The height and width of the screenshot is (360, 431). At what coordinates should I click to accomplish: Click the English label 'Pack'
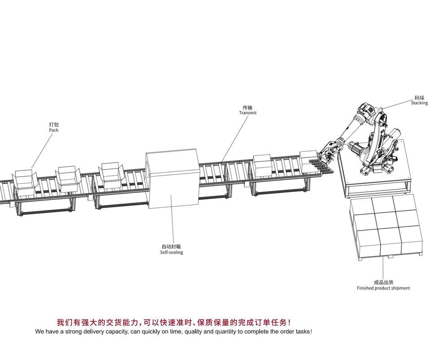click(x=53, y=130)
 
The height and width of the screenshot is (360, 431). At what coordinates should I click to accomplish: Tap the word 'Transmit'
click(x=248, y=112)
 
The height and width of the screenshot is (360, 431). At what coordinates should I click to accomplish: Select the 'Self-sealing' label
click(x=172, y=252)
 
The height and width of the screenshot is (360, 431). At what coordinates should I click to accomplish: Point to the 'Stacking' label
click(x=419, y=103)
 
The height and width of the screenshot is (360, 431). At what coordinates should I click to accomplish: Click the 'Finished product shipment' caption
click(x=383, y=288)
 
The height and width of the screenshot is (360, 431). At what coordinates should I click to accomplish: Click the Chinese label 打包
click(x=54, y=124)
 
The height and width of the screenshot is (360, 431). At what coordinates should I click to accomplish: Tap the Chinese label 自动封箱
click(x=171, y=247)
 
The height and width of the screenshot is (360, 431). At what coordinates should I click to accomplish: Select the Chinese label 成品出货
click(x=384, y=282)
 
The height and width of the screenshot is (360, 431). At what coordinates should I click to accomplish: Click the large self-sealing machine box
click(x=172, y=178)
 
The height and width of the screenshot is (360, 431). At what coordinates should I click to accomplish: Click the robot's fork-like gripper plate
click(x=321, y=166)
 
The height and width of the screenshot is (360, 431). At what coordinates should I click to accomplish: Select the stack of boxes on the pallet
click(x=386, y=227)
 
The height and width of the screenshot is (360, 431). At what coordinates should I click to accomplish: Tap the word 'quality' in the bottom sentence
click(x=193, y=332)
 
